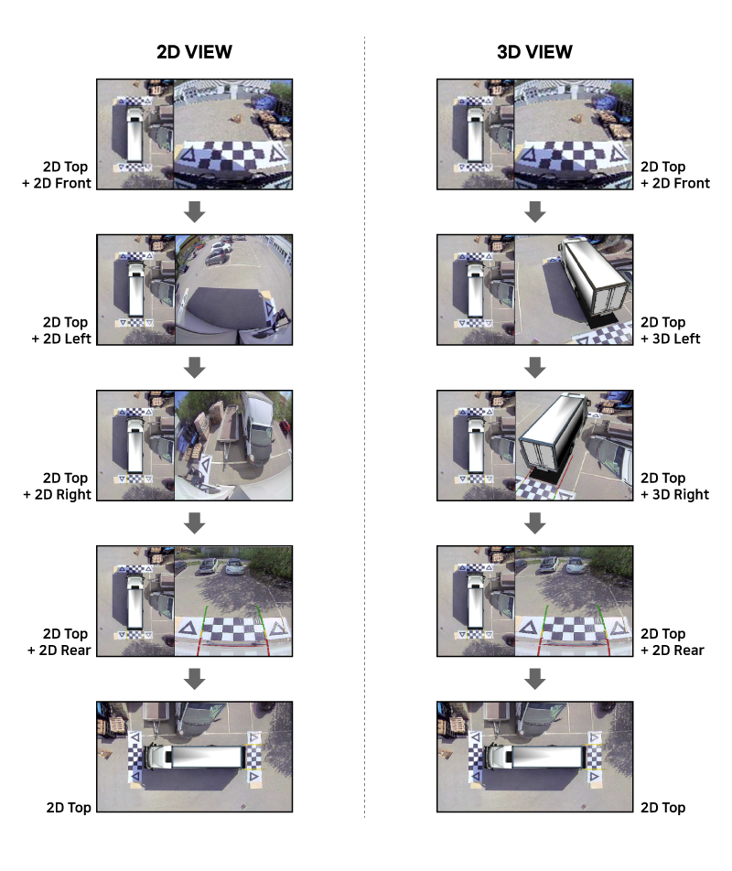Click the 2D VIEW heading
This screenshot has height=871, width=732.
[194, 51]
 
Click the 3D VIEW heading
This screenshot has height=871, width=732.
[534, 51]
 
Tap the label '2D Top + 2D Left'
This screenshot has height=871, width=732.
[61, 330]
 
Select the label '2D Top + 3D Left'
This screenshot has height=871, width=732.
[671, 330]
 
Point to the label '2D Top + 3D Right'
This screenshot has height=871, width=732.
[674, 486]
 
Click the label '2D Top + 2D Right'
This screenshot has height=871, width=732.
[57, 486]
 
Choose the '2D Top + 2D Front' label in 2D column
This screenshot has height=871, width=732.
[56, 175]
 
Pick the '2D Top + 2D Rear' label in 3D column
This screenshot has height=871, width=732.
[672, 641]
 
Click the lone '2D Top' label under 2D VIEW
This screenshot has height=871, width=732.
[69, 808]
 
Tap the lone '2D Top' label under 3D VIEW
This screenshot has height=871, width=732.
[662, 808]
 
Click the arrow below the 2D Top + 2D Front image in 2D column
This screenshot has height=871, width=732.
[194, 211]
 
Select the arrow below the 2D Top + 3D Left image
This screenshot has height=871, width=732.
[535, 367]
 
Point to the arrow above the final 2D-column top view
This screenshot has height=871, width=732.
[194, 678]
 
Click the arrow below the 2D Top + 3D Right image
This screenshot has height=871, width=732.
[535, 522]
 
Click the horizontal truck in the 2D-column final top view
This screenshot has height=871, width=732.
[194, 757]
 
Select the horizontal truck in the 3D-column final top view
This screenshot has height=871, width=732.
[535, 757]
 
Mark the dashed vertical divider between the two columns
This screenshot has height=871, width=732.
[365, 426]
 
